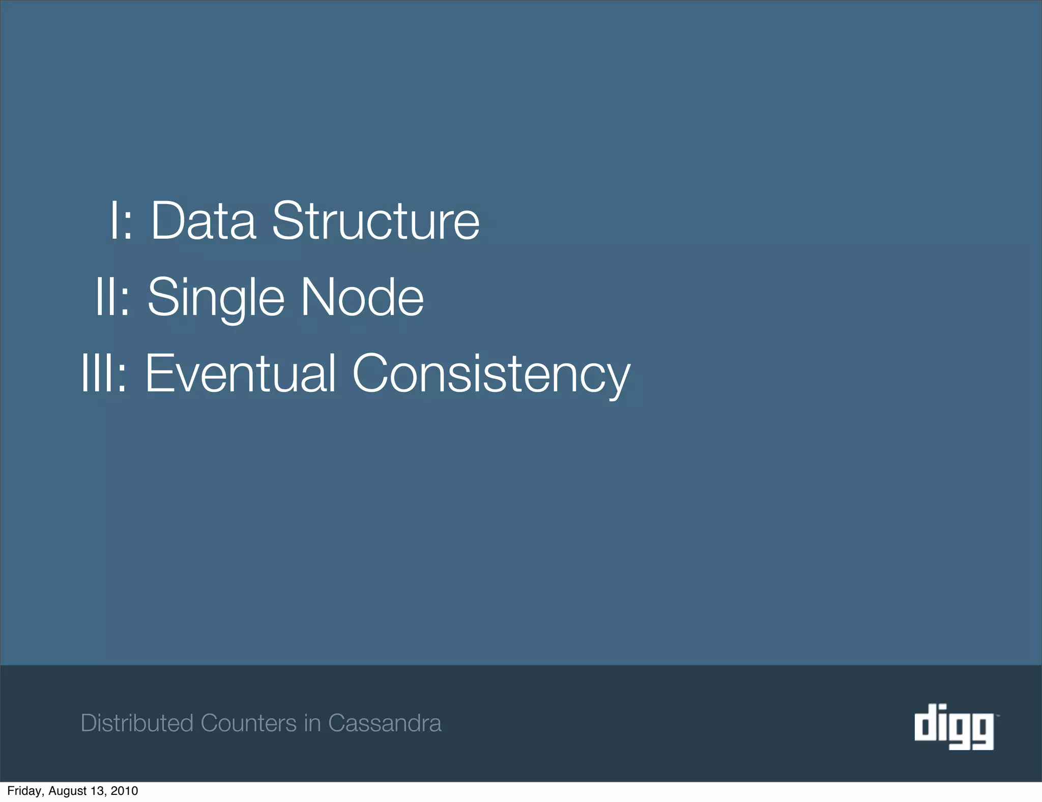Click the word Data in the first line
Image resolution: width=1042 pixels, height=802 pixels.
(x=203, y=221)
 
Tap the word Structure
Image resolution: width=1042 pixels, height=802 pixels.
(x=375, y=221)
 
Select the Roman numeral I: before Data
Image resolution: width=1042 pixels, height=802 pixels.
(x=121, y=221)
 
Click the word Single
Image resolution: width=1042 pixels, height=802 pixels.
(x=216, y=297)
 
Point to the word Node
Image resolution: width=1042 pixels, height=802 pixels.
(x=362, y=297)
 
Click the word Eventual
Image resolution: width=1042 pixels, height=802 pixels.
(x=240, y=374)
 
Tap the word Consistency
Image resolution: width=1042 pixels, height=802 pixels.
(x=491, y=374)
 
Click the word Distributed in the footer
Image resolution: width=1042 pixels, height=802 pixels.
(x=137, y=723)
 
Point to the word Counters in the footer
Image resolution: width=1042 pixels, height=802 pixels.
(x=248, y=723)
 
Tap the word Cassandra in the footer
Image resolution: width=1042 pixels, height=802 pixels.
(x=384, y=723)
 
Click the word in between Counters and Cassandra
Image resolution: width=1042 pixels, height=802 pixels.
(x=312, y=723)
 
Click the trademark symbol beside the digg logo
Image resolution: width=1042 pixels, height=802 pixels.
(x=997, y=715)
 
